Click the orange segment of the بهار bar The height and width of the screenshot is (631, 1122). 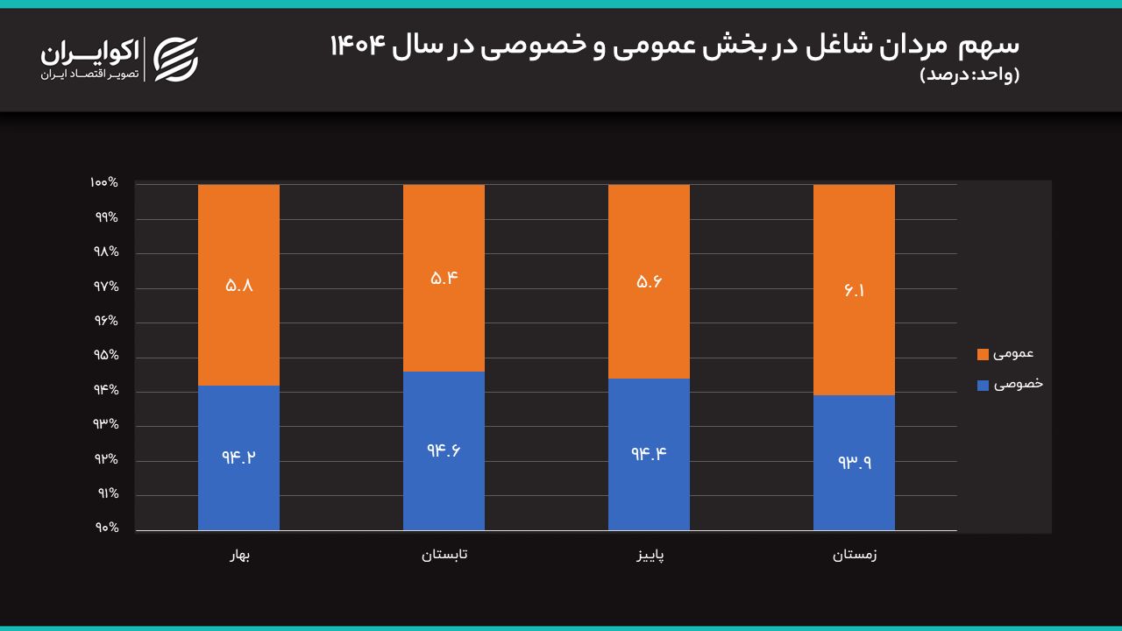238,285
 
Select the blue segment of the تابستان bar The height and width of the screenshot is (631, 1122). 444,450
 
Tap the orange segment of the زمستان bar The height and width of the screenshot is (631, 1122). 854,290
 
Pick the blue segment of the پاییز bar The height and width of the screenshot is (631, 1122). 649,454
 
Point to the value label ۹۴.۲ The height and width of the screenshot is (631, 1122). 239,457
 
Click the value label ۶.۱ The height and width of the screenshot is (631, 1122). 854,290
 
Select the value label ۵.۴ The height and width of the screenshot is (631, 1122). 444,279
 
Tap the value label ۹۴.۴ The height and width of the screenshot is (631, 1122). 649,454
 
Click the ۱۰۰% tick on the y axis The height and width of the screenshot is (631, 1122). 104,183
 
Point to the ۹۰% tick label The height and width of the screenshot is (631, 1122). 107,528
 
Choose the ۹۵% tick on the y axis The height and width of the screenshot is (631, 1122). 106,355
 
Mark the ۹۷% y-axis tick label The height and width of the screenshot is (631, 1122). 106,287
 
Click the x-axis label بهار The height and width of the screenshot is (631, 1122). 240,555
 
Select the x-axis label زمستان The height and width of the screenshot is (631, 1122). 855,555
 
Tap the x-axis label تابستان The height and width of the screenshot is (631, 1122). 444,555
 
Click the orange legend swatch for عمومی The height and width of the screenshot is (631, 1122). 983,355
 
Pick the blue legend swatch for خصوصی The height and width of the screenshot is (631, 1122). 983,385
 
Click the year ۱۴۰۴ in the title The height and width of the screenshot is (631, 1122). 358,46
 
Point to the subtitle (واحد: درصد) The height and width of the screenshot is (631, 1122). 969,75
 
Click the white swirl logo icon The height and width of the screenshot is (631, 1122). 176,59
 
